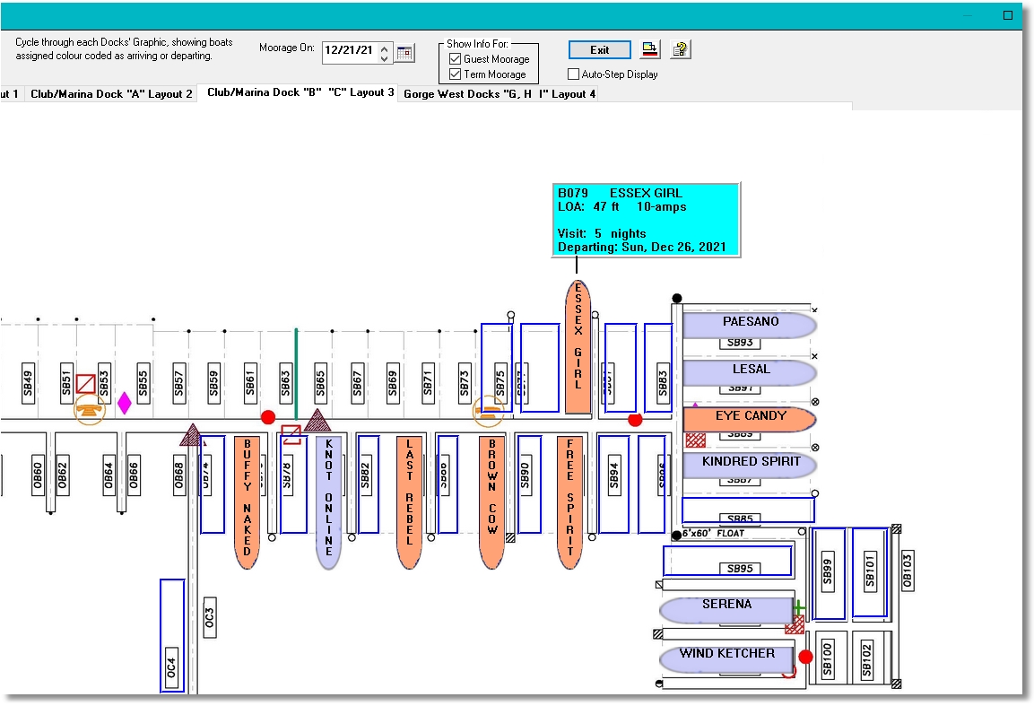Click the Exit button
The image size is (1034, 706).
599,50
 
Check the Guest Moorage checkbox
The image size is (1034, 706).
456,59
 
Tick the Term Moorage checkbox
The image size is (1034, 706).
456,74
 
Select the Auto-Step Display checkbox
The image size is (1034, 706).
574,74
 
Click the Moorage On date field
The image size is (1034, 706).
351,51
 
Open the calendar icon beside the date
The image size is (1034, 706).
405,52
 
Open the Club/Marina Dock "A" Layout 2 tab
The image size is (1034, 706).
111,93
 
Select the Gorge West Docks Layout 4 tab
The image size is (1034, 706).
500,93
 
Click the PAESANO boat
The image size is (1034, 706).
750,323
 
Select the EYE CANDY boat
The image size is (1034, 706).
750,417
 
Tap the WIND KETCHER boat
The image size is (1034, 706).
726,656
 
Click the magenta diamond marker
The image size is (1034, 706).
125,403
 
